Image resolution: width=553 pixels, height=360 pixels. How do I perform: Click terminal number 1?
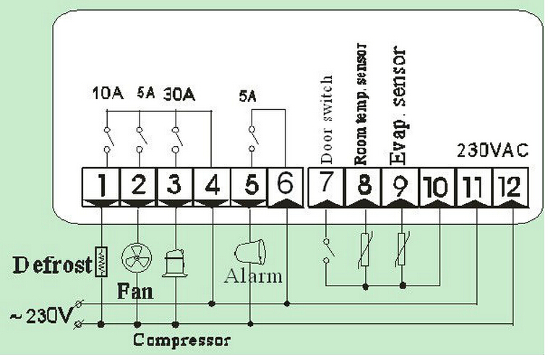(x=101, y=187)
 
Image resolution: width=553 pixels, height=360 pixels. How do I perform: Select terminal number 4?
(x=212, y=187)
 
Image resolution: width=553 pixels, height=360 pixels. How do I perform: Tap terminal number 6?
(x=286, y=187)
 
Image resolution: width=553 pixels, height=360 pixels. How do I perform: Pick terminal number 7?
(x=326, y=187)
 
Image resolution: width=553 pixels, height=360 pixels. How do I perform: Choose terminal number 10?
(x=437, y=187)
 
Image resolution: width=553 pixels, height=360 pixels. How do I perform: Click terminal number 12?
(x=511, y=187)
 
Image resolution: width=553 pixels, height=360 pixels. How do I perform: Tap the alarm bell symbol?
(x=249, y=251)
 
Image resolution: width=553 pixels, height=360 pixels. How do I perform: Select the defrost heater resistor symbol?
(x=102, y=261)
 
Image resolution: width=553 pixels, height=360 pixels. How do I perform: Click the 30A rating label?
(x=179, y=95)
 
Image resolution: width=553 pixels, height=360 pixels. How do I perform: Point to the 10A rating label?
(x=108, y=93)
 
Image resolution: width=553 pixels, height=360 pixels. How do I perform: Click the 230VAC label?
(x=493, y=150)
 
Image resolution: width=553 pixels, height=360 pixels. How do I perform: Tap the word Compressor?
(x=181, y=340)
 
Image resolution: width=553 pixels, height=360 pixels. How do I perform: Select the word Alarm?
(x=253, y=275)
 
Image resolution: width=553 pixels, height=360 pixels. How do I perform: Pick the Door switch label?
(x=327, y=119)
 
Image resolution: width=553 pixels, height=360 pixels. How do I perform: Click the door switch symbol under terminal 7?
(x=327, y=251)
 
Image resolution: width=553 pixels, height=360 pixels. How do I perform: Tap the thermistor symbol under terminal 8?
(x=365, y=249)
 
